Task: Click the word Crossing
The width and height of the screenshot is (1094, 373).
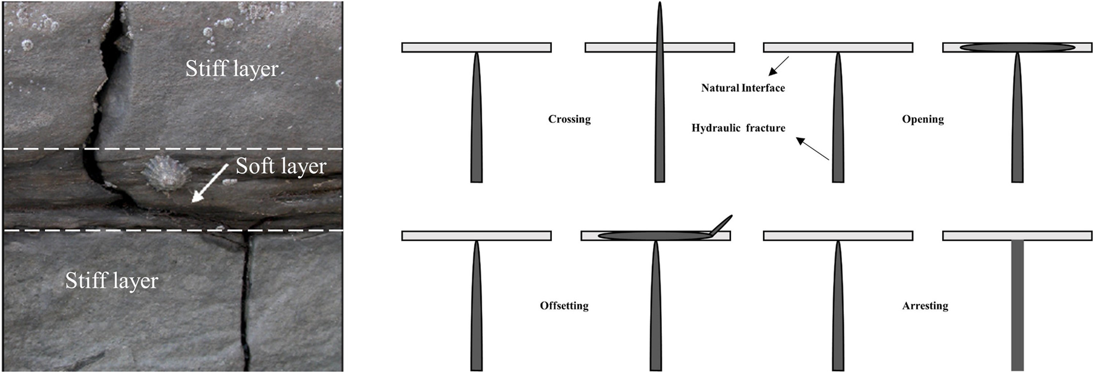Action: [569, 119]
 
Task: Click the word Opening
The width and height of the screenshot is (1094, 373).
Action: [922, 119]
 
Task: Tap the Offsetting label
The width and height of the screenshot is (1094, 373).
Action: [564, 306]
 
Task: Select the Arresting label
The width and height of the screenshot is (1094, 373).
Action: [925, 306]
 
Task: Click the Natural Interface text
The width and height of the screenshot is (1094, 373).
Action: [743, 88]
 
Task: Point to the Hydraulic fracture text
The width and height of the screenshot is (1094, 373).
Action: [738, 128]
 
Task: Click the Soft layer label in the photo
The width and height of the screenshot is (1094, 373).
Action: [281, 166]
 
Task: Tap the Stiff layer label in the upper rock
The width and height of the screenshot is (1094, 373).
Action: [232, 69]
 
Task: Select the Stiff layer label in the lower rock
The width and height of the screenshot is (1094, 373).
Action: [112, 281]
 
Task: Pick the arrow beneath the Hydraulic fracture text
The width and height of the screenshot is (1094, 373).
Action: [812, 149]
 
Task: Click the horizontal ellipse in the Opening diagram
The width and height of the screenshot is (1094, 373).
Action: [1017, 48]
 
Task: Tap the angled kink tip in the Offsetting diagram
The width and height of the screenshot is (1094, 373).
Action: [722, 225]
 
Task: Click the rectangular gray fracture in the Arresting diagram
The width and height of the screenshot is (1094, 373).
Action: [1017, 305]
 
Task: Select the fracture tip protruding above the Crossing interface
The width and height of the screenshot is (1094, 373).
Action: [659, 22]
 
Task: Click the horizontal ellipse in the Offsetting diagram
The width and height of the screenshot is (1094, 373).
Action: [654, 235]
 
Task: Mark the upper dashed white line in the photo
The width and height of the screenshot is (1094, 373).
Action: [173, 149]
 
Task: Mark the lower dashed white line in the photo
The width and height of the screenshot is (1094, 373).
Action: [173, 230]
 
